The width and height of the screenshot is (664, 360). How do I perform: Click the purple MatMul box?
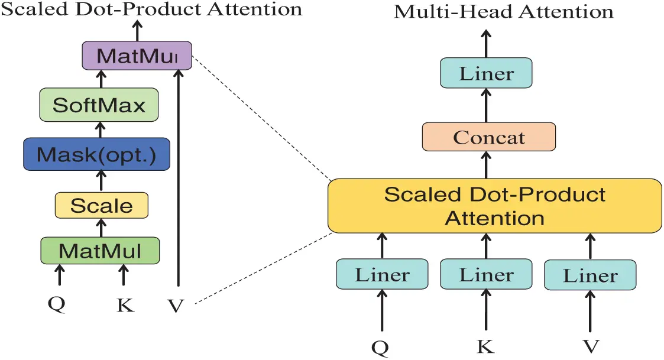click(137, 57)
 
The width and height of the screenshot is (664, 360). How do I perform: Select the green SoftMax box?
click(99, 106)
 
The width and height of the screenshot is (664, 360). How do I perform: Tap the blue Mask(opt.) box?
click(96, 155)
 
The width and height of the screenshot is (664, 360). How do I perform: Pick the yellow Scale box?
click(101, 206)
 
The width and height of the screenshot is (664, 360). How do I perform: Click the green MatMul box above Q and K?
click(100, 251)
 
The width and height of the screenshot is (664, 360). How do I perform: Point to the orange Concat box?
click(488, 137)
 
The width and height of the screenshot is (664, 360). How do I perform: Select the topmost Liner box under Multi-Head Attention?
click(487, 74)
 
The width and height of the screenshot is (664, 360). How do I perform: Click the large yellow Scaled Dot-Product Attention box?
click(494, 206)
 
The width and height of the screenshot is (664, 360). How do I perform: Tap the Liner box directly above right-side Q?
click(382, 275)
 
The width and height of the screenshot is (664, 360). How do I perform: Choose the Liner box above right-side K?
click(486, 275)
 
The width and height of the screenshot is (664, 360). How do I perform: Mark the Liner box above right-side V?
click(590, 275)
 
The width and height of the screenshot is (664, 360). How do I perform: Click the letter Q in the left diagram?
click(57, 303)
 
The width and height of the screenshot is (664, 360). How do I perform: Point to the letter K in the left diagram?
click(125, 305)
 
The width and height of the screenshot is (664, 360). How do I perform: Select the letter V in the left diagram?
click(176, 306)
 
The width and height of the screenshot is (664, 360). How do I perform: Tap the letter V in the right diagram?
click(590, 345)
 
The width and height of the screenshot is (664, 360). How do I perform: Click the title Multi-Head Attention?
click(503, 11)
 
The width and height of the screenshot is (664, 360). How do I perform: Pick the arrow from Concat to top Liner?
click(487, 106)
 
